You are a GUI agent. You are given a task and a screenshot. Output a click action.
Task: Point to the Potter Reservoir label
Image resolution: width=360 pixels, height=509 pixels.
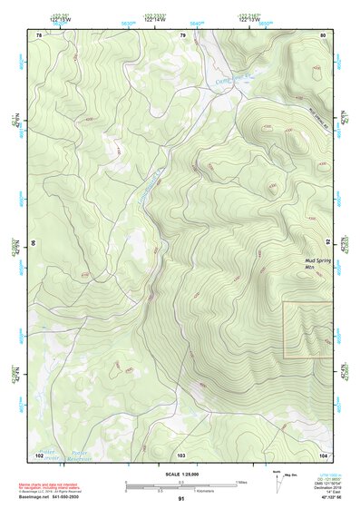[79, 450]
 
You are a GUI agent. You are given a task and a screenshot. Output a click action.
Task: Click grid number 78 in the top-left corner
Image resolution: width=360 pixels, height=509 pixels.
[39, 34]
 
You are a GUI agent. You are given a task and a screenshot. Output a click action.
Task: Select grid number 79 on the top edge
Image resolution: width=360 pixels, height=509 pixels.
[182, 34]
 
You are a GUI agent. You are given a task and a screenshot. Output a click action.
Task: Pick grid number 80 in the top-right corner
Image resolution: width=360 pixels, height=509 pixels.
[324, 34]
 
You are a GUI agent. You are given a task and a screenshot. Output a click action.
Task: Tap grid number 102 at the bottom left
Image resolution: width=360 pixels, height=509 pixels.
[39, 454]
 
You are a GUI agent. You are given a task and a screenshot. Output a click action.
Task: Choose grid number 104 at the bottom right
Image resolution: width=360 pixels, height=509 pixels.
[323, 454]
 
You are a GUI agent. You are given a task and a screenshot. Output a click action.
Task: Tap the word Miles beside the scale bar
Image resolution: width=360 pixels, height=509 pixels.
[240, 482]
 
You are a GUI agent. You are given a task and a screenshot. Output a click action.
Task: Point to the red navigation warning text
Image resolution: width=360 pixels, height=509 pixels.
[51, 486]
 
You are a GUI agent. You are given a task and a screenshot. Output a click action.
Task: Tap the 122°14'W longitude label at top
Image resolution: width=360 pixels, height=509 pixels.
[156, 18]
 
